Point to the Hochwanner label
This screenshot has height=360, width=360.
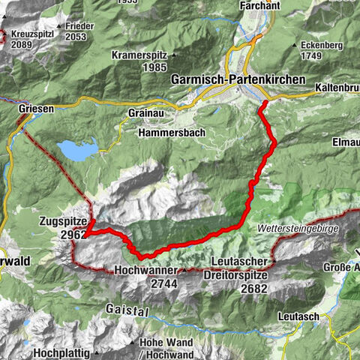click(145, 270)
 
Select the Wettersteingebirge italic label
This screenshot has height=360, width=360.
click(298, 227)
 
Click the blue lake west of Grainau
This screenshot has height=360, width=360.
click(78, 151)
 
